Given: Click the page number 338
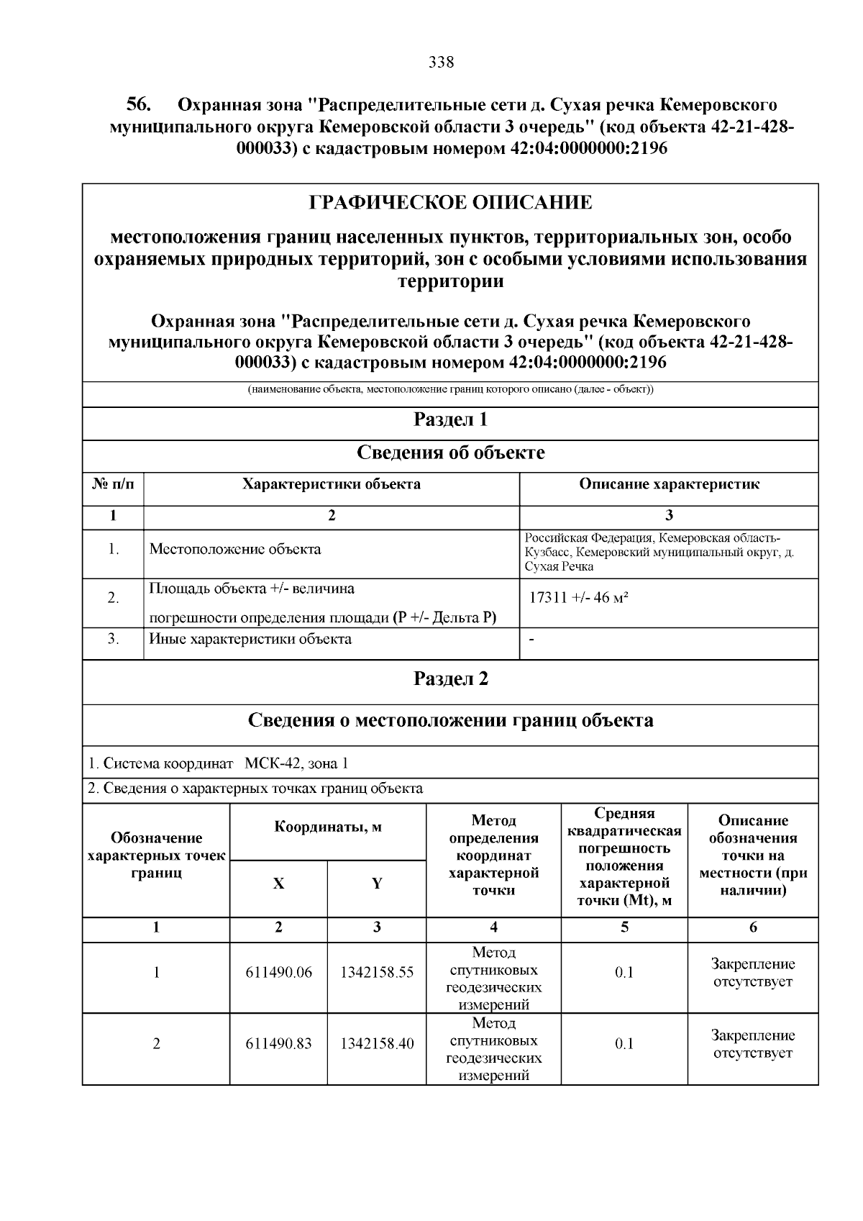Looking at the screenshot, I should (x=441, y=63).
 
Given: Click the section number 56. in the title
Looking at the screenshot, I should (x=139, y=105).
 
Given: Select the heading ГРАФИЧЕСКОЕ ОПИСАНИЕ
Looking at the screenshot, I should (x=450, y=203).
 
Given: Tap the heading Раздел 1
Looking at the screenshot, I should (x=450, y=419).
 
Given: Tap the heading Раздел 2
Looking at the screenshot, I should (x=450, y=678).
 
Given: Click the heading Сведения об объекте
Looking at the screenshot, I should (x=450, y=453).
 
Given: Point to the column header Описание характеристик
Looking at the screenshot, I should (x=669, y=484).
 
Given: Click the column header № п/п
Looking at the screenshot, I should (x=113, y=484).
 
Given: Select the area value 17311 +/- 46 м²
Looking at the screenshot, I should (x=578, y=597).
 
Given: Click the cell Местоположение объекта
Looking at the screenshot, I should (x=235, y=549).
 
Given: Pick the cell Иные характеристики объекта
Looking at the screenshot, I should (x=250, y=638).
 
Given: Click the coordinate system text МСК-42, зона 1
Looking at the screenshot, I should (x=296, y=763).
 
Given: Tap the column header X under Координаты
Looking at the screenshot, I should (x=278, y=884).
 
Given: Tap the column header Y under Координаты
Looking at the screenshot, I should (x=377, y=884).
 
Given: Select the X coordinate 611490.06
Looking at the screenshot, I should (x=278, y=973).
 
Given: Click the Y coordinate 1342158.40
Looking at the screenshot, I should (x=377, y=1043).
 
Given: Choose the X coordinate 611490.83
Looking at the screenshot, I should (x=278, y=1043).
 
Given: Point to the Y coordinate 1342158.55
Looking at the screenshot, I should (x=377, y=973).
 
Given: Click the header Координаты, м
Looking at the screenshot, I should (x=328, y=827).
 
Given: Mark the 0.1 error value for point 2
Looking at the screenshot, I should (x=624, y=1043).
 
